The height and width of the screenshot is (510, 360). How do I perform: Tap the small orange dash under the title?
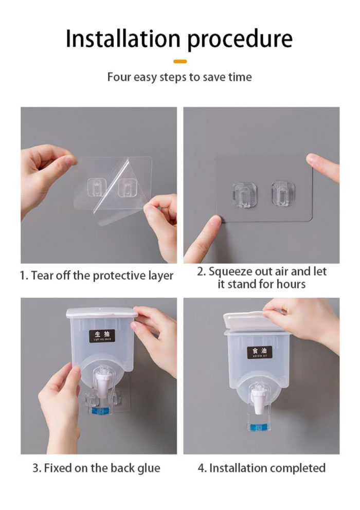(180, 61)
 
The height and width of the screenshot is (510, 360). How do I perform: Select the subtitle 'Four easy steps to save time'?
(179, 78)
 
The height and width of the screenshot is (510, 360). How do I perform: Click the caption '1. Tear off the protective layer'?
(97, 276)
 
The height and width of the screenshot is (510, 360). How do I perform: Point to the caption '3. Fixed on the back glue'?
(97, 468)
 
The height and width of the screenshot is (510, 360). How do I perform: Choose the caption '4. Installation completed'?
(262, 468)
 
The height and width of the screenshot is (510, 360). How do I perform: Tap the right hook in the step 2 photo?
(282, 191)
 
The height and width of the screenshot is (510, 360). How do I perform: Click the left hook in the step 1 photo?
(96, 188)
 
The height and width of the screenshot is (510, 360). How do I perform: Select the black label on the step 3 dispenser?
(102, 336)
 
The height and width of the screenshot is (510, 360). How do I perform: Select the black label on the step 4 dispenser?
(260, 353)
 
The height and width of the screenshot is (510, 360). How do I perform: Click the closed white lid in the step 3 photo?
(101, 313)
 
